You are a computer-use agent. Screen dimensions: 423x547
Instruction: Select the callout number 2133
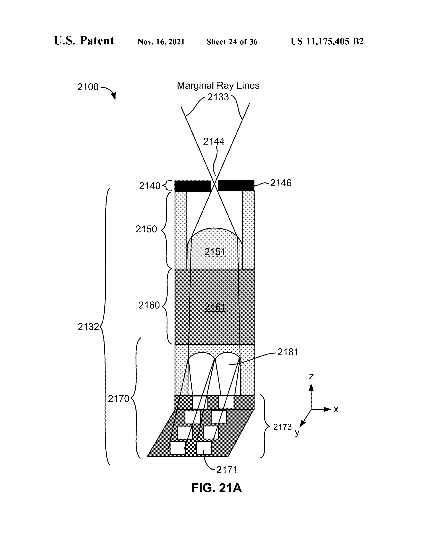pyautogui.click(x=218, y=97)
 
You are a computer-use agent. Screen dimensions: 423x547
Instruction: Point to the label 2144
pyautogui.click(x=214, y=142)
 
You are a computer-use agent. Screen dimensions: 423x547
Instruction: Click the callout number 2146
pyautogui.click(x=281, y=183)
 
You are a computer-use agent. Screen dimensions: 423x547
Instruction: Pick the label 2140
pyautogui.click(x=150, y=186)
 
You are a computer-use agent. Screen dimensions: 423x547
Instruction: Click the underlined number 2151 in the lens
pyautogui.click(x=215, y=252)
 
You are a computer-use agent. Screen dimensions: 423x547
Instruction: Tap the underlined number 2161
pyautogui.click(x=215, y=307)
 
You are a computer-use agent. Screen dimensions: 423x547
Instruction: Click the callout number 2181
pyautogui.click(x=288, y=352)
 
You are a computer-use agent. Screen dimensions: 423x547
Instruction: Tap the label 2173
pyautogui.click(x=282, y=427)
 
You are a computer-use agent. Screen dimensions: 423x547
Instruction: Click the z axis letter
pyautogui.click(x=311, y=376)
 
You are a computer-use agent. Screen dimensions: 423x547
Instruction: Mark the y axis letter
pyautogui.click(x=297, y=432)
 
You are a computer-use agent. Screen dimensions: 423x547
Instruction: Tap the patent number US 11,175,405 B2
pyautogui.click(x=327, y=42)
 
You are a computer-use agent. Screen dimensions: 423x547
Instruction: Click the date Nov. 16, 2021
pyautogui.click(x=161, y=42)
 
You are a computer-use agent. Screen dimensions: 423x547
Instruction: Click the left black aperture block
pyautogui.click(x=192, y=186)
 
